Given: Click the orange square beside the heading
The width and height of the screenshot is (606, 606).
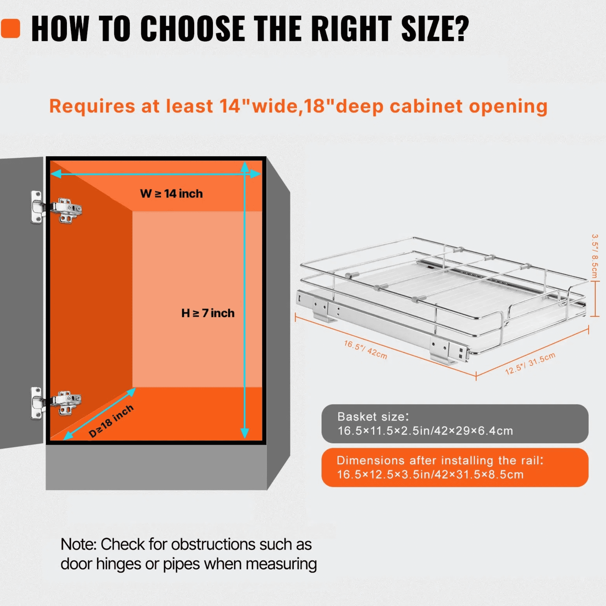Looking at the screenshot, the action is (x=10, y=28).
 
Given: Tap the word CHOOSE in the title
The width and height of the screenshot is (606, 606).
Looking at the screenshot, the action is (x=193, y=28).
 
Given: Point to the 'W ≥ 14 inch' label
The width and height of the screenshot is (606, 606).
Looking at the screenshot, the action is (x=171, y=194).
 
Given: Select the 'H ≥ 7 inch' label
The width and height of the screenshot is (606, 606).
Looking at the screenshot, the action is (x=208, y=313).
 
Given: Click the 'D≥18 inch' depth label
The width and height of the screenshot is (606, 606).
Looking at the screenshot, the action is (x=111, y=421).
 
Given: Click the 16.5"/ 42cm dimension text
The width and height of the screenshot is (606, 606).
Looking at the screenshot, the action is (x=365, y=349).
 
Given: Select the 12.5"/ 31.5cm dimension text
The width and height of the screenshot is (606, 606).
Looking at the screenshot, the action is (x=530, y=364).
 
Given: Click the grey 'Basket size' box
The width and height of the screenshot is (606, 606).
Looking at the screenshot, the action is (x=455, y=424).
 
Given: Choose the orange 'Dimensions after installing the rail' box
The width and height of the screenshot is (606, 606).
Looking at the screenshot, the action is (x=455, y=467).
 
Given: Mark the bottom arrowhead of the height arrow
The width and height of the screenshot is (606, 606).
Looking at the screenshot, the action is (x=245, y=434).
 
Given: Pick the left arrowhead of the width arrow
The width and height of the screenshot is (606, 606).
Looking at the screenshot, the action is (x=56, y=174).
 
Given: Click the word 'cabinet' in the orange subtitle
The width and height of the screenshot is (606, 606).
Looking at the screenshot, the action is (x=426, y=106).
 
